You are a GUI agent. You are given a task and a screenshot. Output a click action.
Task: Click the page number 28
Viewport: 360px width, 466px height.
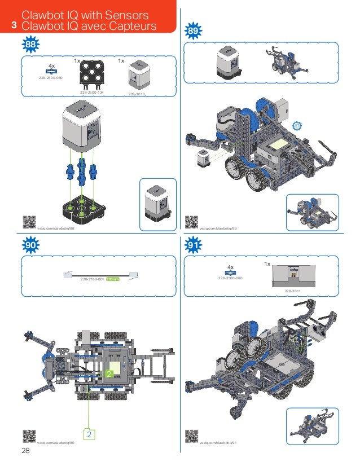coord(25,450)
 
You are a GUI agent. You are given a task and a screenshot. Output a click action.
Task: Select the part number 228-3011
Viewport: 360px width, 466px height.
coord(292,291)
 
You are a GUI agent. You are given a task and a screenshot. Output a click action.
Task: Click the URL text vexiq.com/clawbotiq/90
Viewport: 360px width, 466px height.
coord(56,443)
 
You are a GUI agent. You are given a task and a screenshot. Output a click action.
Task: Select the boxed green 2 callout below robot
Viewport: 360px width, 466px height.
coord(89,434)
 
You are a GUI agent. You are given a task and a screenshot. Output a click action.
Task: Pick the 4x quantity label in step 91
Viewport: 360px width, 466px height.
coord(230,267)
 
